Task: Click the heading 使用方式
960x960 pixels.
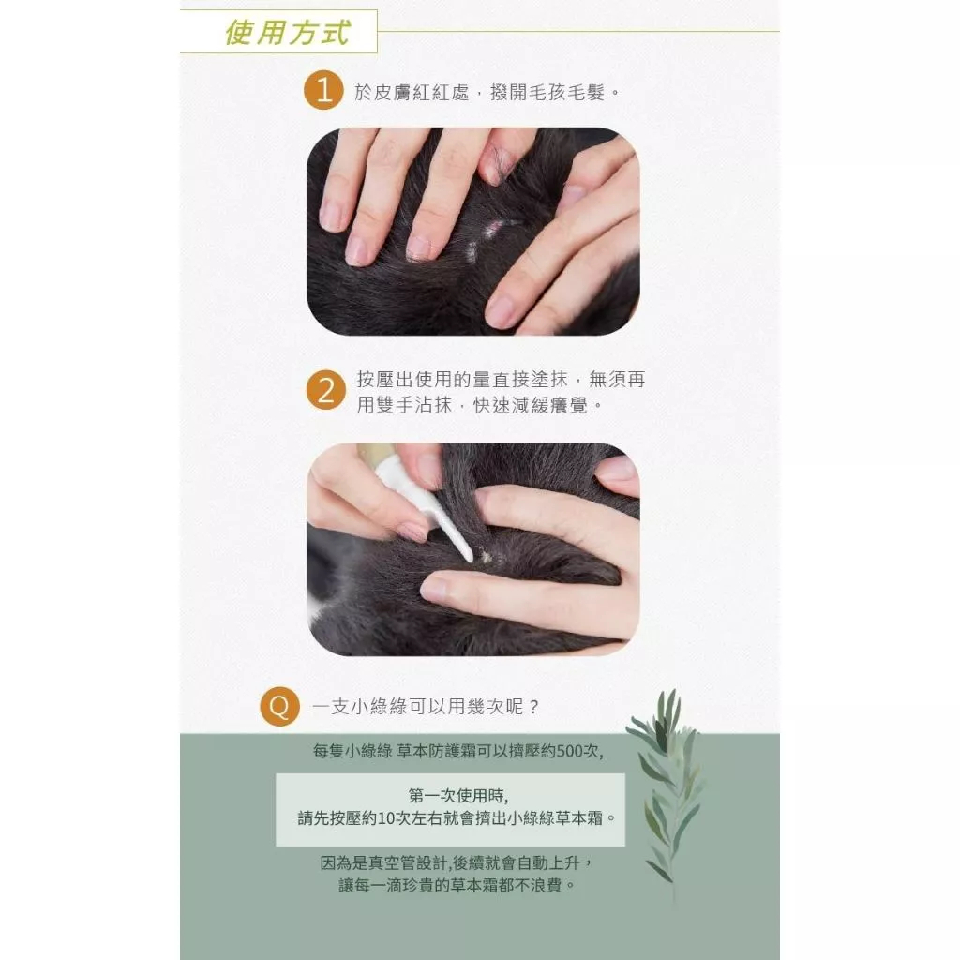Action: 287,33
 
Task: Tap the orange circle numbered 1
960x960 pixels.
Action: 323,91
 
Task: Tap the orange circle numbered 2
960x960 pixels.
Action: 325,389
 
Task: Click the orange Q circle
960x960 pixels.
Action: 279,706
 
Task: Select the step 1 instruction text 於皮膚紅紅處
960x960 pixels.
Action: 412,92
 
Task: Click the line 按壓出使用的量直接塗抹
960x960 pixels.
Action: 462,380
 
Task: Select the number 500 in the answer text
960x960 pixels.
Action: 570,751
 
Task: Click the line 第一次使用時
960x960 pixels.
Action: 457,796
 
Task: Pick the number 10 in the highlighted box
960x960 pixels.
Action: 386,817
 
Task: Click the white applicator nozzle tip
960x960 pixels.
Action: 468,557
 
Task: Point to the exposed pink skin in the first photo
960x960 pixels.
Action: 492,230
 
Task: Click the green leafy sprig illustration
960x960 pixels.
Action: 667,789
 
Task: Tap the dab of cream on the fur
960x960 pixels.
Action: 486,556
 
